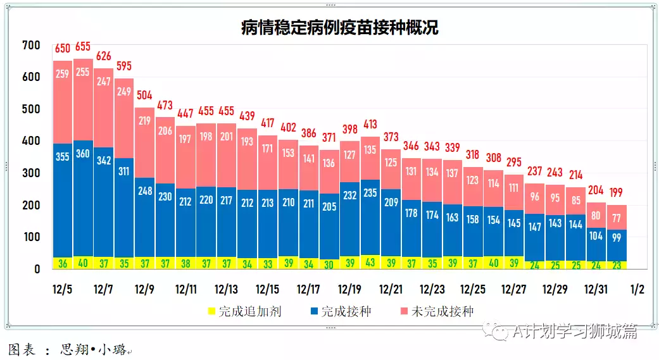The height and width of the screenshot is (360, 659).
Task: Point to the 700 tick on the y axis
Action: click(x=30, y=46)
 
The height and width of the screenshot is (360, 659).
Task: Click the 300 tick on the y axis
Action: click(x=30, y=173)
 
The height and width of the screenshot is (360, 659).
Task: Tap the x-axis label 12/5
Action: click(x=63, y=290)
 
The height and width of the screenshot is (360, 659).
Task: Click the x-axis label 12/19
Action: click(x=349, y=290)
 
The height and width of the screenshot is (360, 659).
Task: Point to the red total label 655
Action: click(x=83, y=47)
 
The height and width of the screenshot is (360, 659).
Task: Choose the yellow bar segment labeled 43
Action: click(x=370, y=263)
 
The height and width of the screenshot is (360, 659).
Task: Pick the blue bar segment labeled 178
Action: click(x=411, y=213)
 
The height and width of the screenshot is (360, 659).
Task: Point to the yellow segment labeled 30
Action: click(x=329, y=264)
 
